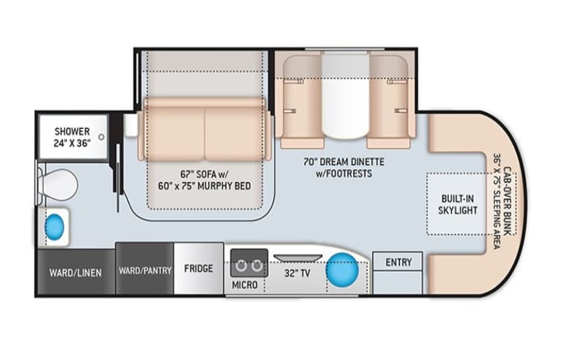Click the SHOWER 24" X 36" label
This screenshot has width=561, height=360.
[x=72, y=137]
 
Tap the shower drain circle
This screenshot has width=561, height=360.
[x=101, y=137]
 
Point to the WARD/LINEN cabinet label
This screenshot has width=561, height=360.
[x=75, y=273]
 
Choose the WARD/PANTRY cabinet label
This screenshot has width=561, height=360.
[x=145, y=270]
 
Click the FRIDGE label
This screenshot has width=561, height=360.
[x=199, y=269]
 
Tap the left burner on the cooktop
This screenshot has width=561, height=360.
[x=241, y=266]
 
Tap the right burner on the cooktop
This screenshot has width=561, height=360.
[x=257, y=266]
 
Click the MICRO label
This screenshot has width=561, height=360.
[x=245, y=285]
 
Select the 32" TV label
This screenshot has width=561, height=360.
[x=297, y=273]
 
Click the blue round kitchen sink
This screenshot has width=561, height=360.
[x=342, y=270]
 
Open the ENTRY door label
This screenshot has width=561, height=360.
[x=398, y=263]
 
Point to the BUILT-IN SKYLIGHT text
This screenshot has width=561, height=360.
[x=458, y=204]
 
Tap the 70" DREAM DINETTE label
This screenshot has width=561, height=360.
[x=344, y=162]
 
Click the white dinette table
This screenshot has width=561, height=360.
[x=345, y=95]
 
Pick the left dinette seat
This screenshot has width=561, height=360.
[x=302, y=102]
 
